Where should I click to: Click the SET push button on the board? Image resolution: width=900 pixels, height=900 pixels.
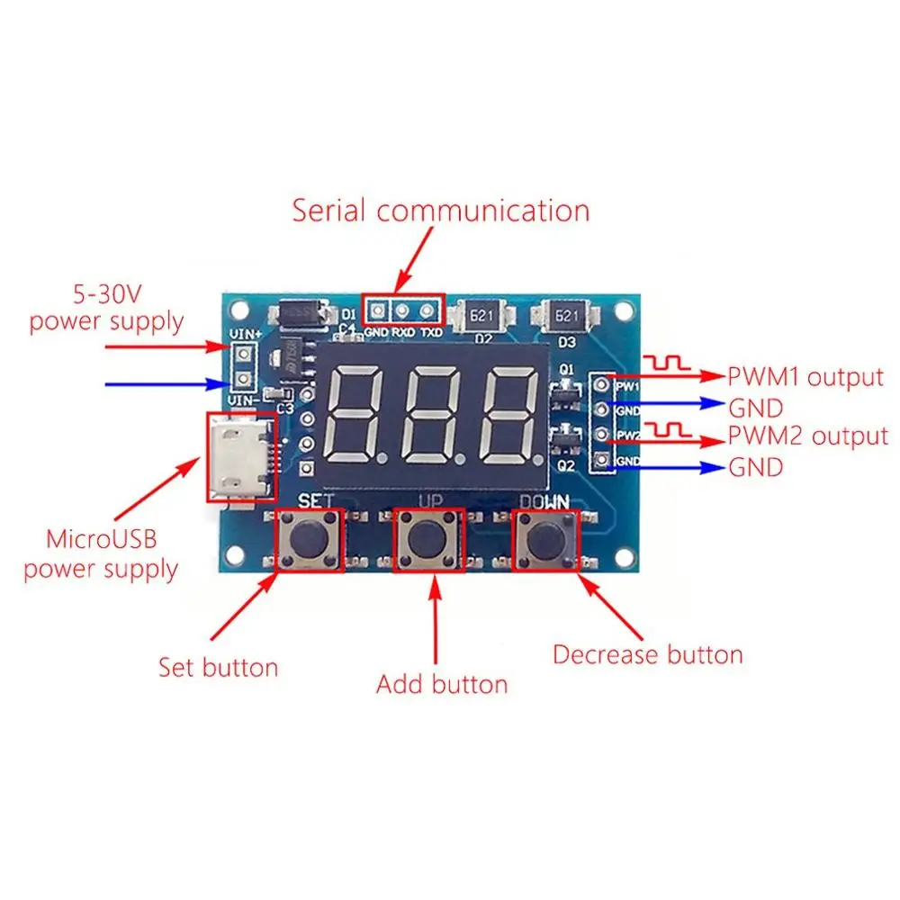click(x=309, y=540)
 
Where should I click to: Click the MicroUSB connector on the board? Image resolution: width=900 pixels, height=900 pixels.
click(x=241, y=460)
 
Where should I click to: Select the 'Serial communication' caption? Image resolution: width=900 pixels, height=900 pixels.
click(x=441, y=211)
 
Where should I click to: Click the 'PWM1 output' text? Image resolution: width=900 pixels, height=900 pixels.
click(x=806, y=376)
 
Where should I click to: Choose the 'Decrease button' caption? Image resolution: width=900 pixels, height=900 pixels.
click(x=648, y=654)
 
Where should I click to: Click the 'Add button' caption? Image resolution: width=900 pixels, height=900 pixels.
click(x=442, y=684)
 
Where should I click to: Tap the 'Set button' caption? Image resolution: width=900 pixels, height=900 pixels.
click(x=219, y=667)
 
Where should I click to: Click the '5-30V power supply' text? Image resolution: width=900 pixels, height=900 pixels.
click(x=106, y=307)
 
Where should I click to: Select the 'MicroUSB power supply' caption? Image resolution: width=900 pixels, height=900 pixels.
click(x=101, y=554)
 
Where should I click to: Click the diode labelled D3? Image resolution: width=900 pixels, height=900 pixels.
click(x=567, y=316)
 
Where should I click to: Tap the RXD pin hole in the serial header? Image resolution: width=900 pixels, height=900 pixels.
click(x=402, y=311)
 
